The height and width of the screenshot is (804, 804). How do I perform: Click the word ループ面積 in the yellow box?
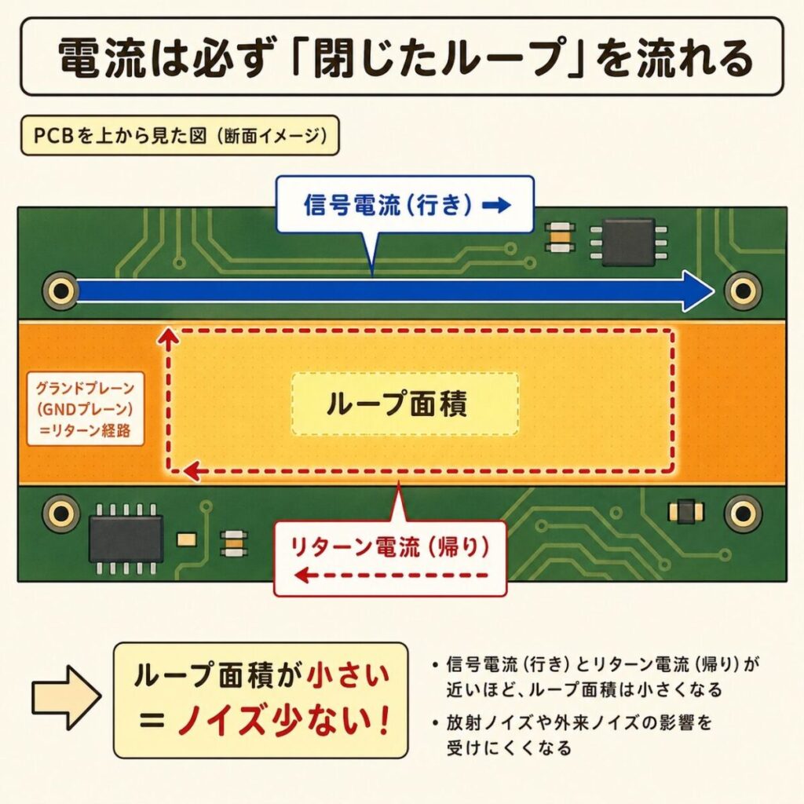pos(397,404)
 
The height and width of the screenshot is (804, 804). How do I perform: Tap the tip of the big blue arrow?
pos(714,291)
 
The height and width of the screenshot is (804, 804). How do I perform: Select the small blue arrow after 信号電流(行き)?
pos(496,205)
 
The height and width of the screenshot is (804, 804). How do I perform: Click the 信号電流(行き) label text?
pos(388,205)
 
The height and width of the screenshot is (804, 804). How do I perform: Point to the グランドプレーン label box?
pos(85,409)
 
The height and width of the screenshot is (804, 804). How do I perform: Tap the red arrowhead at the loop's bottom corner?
pos(192,470)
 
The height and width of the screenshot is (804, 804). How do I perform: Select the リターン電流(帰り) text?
pos(389,547)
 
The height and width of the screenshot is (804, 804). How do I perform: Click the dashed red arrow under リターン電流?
pos(392,575)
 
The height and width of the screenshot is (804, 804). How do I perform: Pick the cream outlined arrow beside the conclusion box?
pos(66,698)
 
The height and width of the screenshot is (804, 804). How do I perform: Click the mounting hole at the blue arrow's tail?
pos(60,291)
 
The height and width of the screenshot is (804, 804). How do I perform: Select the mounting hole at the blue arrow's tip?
pos(743,291)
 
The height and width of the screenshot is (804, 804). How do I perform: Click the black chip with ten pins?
pos(126,538)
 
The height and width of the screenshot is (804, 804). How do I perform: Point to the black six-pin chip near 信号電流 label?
pos(628,242)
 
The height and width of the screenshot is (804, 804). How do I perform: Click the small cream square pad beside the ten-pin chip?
pos(187,539)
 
